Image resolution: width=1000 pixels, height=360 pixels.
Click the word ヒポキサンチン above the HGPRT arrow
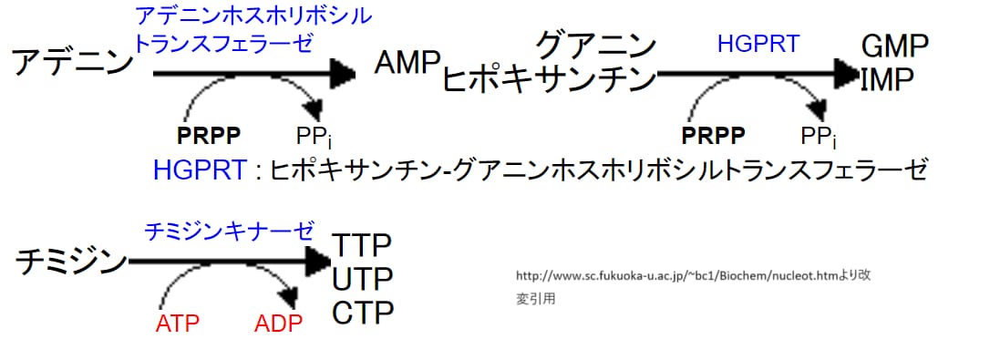click(x=550, y=79)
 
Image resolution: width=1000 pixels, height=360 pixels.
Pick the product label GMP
click(x=894, y=46)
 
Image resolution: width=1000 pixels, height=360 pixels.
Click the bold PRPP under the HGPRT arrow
click(x=714, y=136)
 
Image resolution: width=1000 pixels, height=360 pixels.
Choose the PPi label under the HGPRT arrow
click(x=819, y=137)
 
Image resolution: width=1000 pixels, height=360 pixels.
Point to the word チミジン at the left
click(x=71, y=262)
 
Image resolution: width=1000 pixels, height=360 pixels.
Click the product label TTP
click(x=362, y=245)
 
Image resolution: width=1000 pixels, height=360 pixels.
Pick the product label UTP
click(x=362, y=278)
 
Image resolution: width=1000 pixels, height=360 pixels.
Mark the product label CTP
click(x=362, y=313)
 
